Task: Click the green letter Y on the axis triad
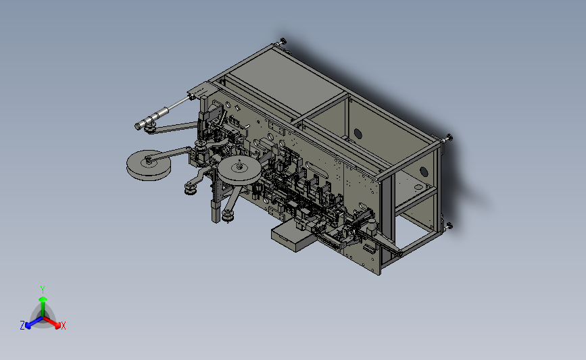42,290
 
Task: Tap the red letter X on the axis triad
63,326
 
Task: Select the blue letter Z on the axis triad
22,326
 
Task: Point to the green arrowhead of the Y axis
43,299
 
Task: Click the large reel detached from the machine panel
149,165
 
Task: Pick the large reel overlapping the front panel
239,170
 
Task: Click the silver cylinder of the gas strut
152,118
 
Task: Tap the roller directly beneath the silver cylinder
150,130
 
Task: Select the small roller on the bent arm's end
191,189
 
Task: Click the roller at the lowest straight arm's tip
228,216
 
